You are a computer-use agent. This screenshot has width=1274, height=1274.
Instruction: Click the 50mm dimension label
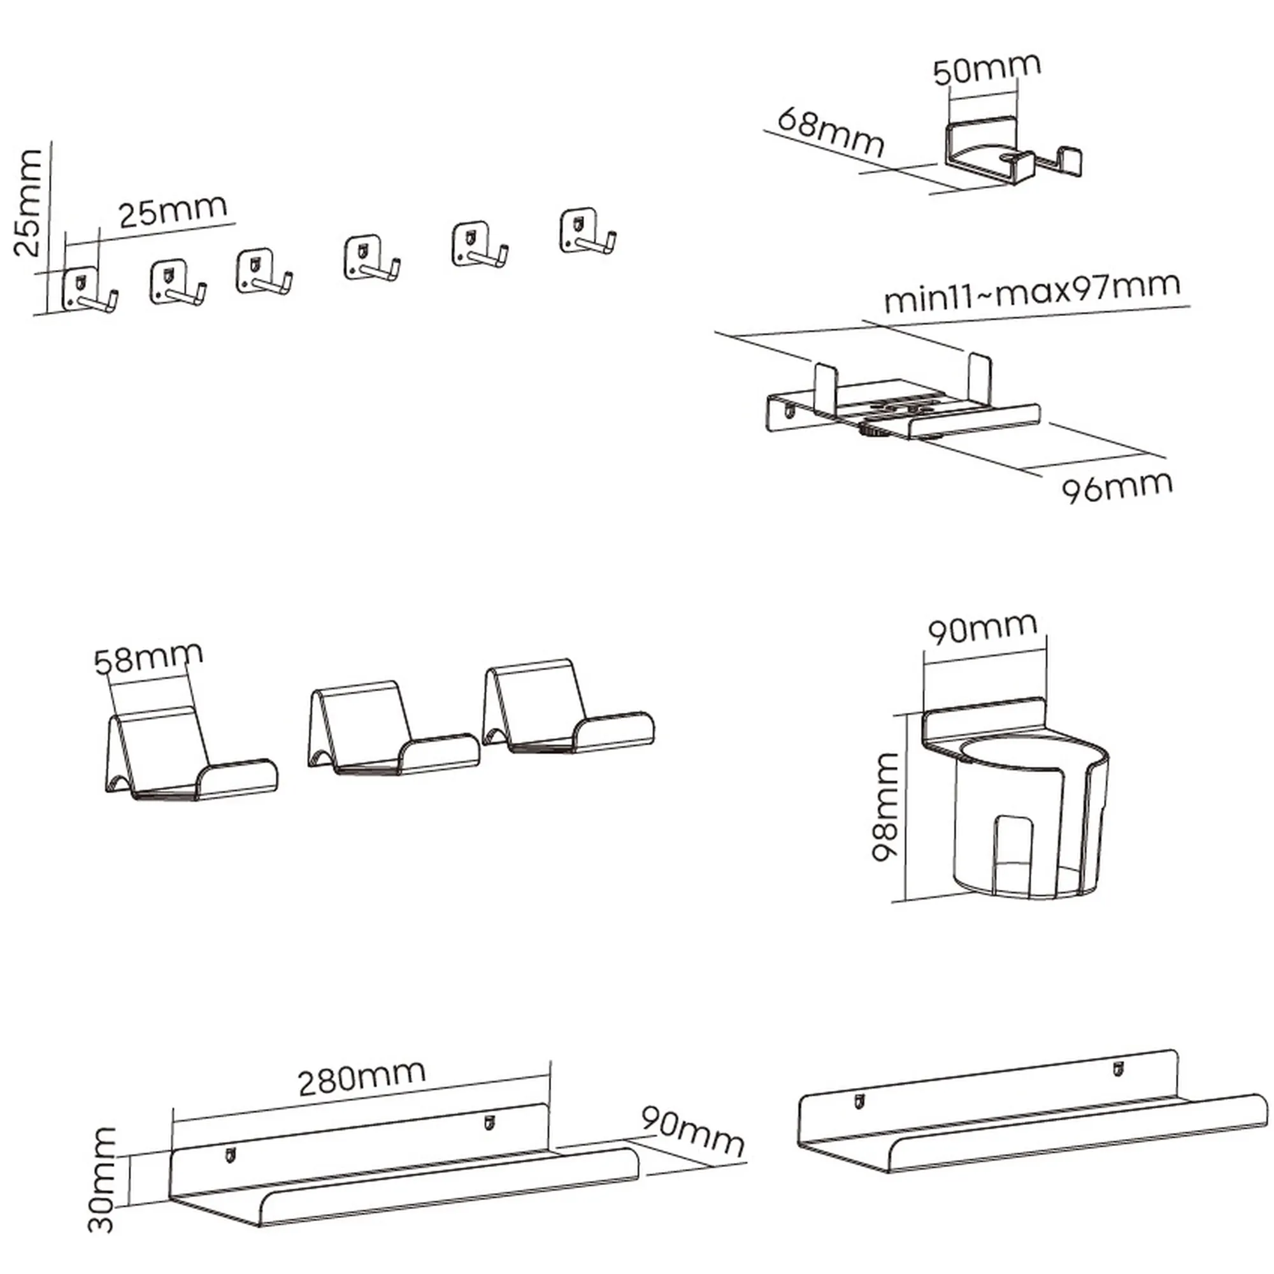pos(987,69)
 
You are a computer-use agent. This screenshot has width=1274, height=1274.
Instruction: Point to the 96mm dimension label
pos(1117,486)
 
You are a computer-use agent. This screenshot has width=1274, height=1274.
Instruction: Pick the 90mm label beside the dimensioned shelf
pos(692,1132)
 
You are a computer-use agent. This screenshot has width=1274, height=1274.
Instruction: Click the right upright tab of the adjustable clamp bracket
pos(978,378)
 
